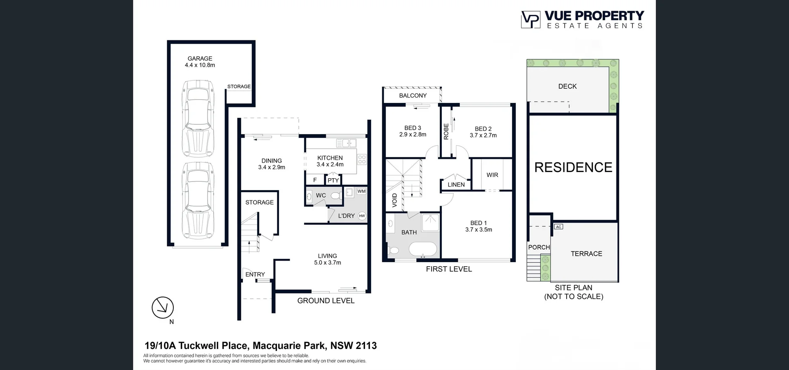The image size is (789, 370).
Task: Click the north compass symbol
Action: pos(163,307)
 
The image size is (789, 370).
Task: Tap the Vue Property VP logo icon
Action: pos(531,19)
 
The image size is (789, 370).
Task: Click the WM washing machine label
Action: pos(361,191)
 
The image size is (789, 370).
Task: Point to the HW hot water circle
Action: pos(362,216)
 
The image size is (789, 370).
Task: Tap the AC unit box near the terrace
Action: pos(558,227)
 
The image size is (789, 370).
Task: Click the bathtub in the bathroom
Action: pos(423,249)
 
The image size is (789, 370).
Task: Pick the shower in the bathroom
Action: pos(430,223)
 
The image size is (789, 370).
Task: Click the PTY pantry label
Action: pos(333,180)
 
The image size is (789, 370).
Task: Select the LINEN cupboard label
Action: pos(456,185)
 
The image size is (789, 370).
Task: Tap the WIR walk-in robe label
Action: pos(492,175)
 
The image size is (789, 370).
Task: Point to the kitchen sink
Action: pos(346,143)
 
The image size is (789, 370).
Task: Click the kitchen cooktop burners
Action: pos(362,159)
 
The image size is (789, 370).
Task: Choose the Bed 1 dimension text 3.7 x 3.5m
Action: pos(479,230)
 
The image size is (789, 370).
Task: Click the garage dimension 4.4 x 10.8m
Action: pos(200,65)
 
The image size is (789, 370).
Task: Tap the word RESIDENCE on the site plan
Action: pos(573,168)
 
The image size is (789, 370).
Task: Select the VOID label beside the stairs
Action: pos(394,200)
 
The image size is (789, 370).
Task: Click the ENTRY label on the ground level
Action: pos(255,275)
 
